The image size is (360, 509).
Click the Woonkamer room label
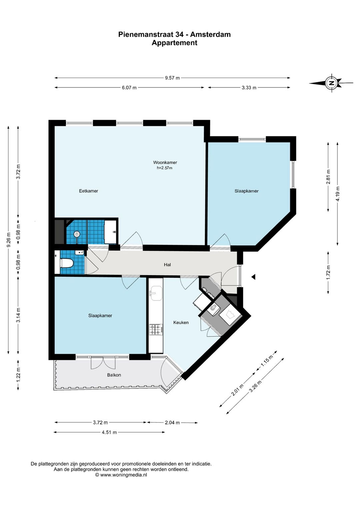[x=165, y=162]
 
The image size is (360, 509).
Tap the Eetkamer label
[x=89, y=191]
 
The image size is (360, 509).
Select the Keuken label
[x=181, y=323]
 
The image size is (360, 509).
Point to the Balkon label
[x=114, y=375]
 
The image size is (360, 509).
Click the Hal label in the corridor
[x=167, y=265]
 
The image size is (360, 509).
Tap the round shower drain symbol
[x=77, y=234]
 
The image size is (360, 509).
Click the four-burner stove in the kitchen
[x=156, y=330]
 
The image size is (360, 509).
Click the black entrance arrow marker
[x=253, y=277]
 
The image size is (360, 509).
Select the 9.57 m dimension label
[x=172, y=78]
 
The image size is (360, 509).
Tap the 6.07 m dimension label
[x=129, y=88]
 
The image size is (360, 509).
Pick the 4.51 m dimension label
[x=109, y=432]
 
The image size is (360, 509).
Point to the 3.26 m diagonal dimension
[x=255, y=386]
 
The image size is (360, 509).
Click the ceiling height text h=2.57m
[x=164, y=168]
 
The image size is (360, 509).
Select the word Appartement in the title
[x=174, y=43]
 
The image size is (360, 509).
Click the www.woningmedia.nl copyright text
[x=121, y=475]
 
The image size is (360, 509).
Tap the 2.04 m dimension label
[x=172, y=423]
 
